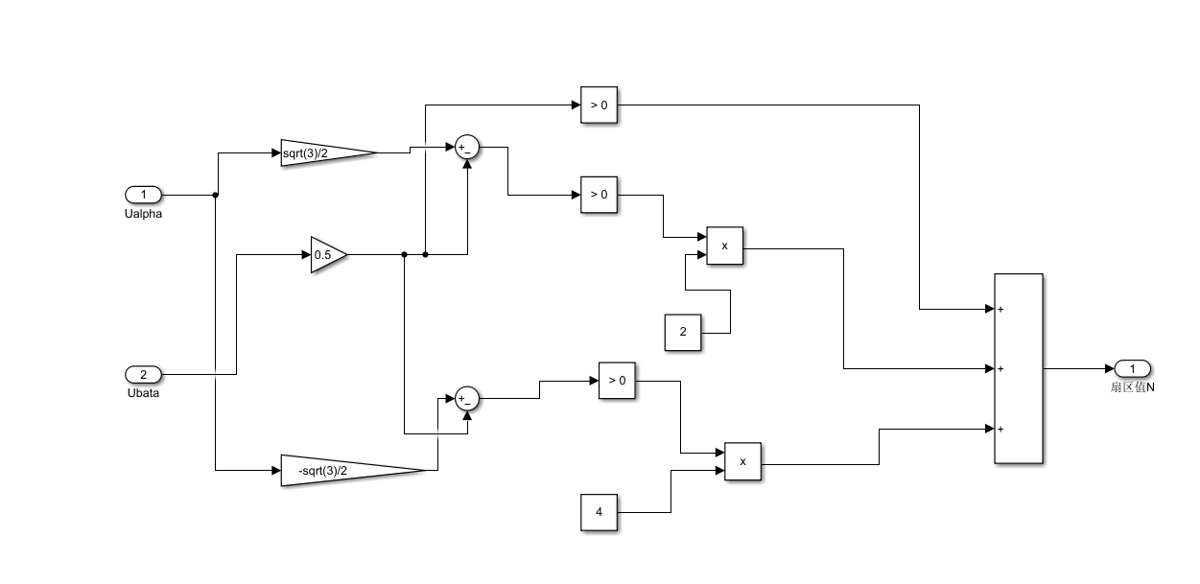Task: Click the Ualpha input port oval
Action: (143, 195)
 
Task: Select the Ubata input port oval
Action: (143, 374)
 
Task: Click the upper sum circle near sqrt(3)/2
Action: (467, 147)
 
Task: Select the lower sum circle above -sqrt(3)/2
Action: (467, 399)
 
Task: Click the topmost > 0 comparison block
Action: (599, 105)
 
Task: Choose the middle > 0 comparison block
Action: (599, 195)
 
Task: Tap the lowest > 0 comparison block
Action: (617, 381)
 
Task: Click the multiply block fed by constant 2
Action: (724, 246)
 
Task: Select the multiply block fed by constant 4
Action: (742, 461)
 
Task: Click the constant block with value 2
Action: (683, 332)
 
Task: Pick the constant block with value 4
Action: (600, 512)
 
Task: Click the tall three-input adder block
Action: (1018, 369)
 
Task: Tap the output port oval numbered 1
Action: (1132, 369)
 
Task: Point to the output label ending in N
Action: (1132, 387)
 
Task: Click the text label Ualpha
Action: (143, 214)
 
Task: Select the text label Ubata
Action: (143, 392)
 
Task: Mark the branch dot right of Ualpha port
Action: (215, 195)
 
